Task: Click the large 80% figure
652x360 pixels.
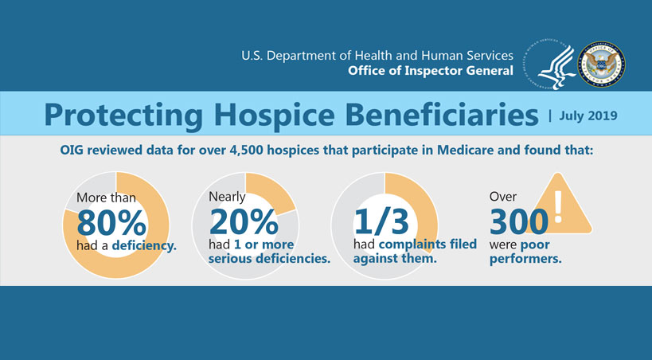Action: [x=111, y=219]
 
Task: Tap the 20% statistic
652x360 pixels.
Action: [x=243, y=220]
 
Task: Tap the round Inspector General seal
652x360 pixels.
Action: [x=600, y=65]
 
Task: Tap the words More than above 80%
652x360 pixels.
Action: [x=107, y=197]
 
